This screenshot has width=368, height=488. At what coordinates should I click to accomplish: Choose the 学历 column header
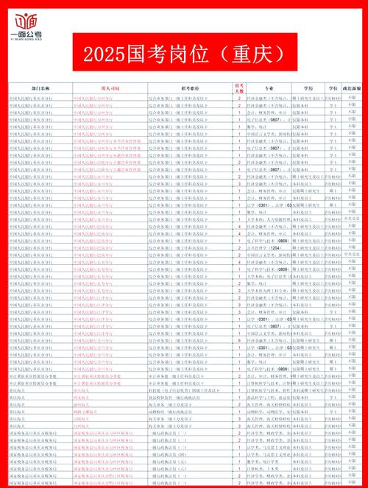coord(308,88)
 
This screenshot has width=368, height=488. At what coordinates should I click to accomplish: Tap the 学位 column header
coord(332,88)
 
